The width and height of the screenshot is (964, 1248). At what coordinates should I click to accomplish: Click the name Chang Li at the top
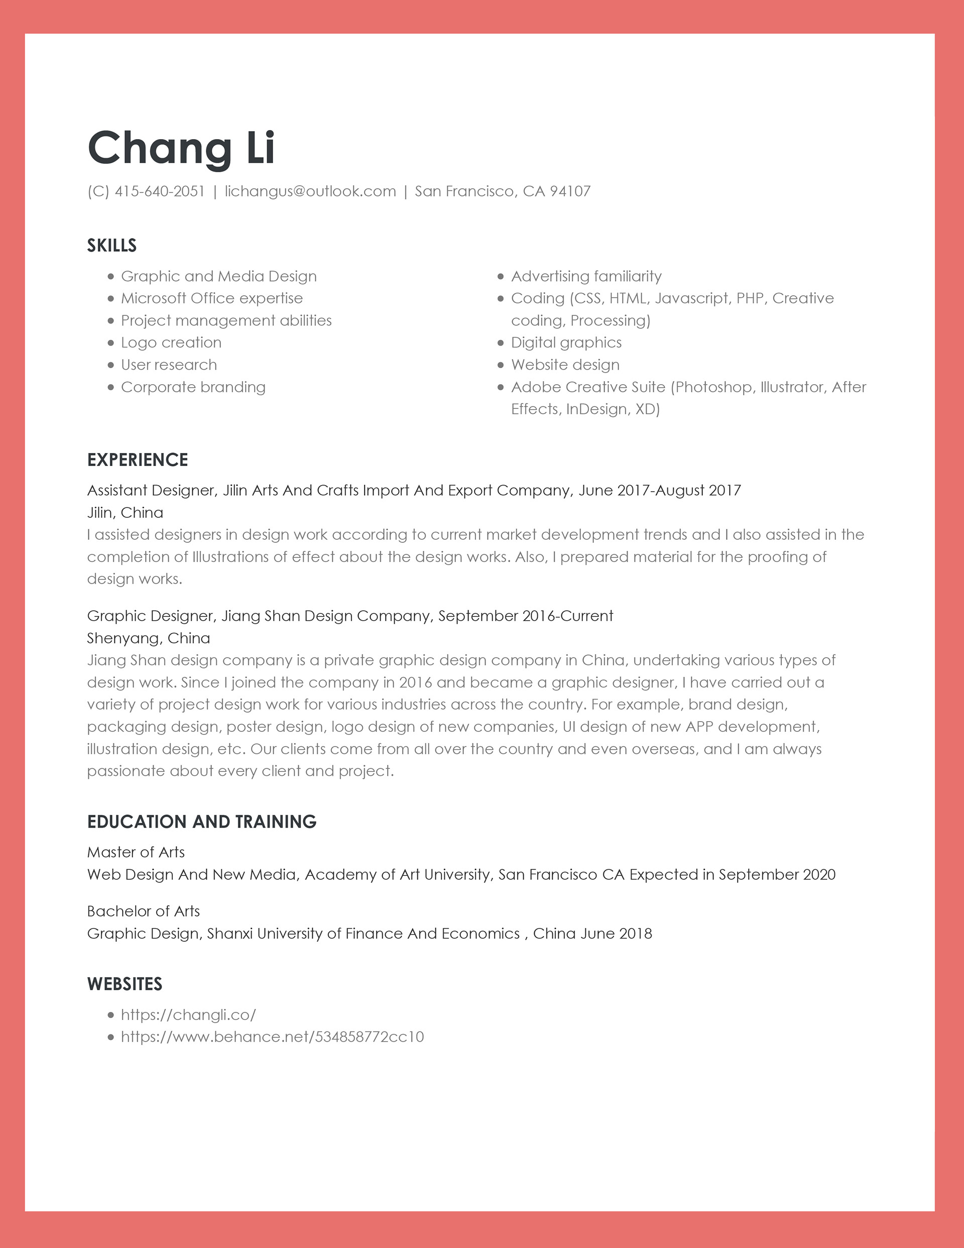click(181, 148)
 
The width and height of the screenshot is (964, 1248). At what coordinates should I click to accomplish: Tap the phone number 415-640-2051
click(160, 191)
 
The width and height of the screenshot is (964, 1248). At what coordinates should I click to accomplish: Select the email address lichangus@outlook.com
click(310, 191)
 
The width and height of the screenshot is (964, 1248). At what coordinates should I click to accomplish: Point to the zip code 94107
click(570, 191)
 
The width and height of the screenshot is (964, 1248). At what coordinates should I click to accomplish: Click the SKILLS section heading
click(111, 246)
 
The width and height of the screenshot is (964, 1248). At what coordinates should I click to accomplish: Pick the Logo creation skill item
click(171, 343)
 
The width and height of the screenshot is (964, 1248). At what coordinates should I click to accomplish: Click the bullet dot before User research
click(111, 365)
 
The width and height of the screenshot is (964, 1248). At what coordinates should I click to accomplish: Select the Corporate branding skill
click(193, 387)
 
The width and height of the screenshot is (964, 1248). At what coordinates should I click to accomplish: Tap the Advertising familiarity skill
click(586, 277)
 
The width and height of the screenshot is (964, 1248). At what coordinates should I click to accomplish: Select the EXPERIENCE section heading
click(137, 460)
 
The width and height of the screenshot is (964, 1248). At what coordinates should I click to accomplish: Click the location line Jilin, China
click(125, 513)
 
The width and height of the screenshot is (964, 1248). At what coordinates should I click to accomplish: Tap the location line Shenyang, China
click(149, 638)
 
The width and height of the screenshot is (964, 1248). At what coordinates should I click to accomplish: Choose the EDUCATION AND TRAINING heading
click(202, 822)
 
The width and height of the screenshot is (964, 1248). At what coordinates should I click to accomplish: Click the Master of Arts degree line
click(136, 853)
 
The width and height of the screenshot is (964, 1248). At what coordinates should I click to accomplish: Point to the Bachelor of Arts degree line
click(144, 912)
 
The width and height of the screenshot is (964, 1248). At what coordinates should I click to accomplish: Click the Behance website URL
click(272, 1037)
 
